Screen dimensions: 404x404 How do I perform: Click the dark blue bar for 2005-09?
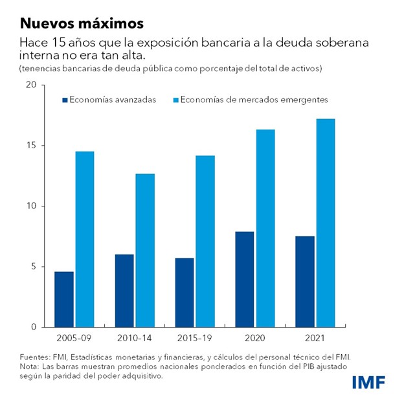[64, 299]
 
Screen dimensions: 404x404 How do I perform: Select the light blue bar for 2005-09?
[84, 239]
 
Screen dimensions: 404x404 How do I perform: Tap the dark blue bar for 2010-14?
[124, 291]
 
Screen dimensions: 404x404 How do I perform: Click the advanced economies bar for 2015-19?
[185, 293]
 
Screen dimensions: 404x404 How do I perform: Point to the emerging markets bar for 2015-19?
[205, 241]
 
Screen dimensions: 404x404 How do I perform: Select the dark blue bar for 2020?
[245, 279]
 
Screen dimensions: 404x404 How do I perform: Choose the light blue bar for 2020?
[265, 229]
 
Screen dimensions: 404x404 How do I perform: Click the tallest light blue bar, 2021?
[326, 223]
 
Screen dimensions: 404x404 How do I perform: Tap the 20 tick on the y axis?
[30, 85]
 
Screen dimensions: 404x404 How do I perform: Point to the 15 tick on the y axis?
[30, 146]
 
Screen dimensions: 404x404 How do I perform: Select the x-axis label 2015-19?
[195, 339]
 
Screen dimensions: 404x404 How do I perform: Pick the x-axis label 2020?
[255, 339]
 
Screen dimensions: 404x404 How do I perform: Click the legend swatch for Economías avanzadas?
[65, 100]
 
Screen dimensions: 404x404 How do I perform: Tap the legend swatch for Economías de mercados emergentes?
[175, 100]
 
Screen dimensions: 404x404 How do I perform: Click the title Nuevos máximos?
[81, 24]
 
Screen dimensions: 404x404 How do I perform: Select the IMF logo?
[368, 382]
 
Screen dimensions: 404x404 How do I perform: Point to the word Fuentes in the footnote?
[35, 357]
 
